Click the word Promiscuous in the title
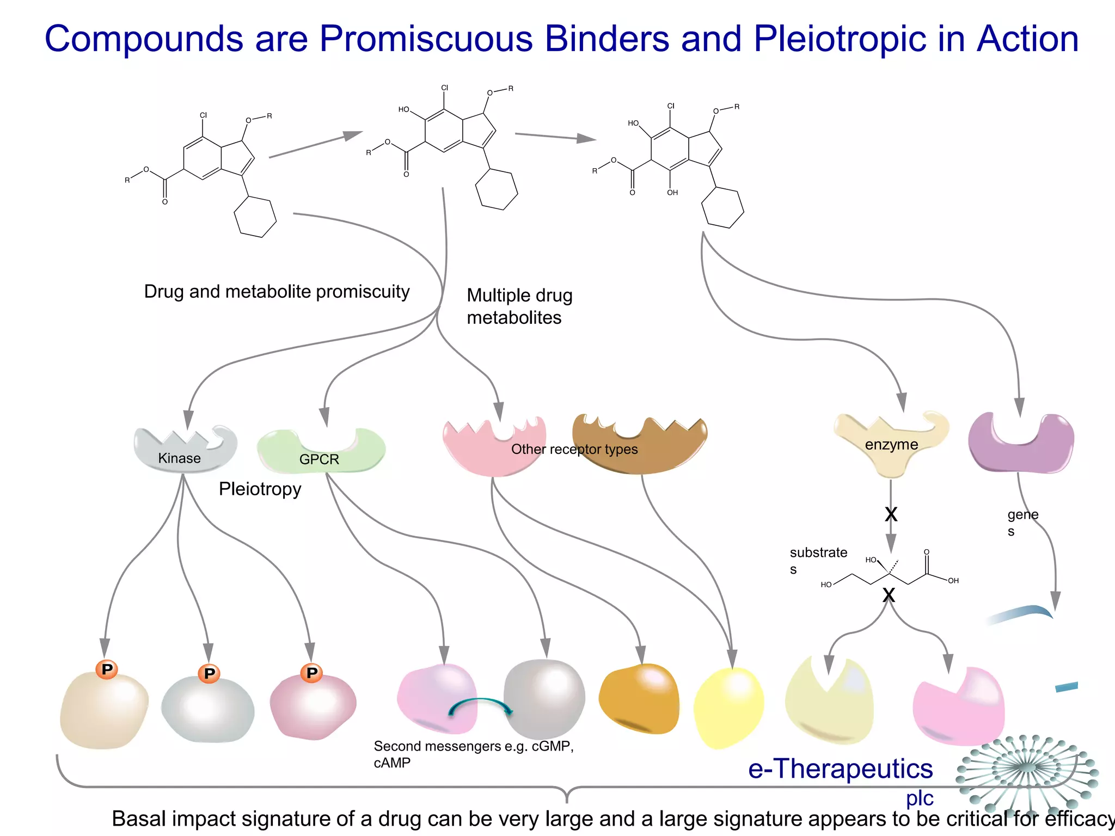coord(425,39)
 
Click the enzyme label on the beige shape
coord(891,445)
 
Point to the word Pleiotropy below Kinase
coord(260,489)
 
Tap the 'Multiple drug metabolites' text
coord(519,306)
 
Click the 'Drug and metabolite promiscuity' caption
coord(277,292)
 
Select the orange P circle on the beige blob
coord(107,669)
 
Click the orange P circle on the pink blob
coord(311,673)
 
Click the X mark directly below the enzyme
coord(891,514)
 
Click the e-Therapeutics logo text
coord(840,769)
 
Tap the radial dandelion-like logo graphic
coord(1027,767)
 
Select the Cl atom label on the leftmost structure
coord(203,115)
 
